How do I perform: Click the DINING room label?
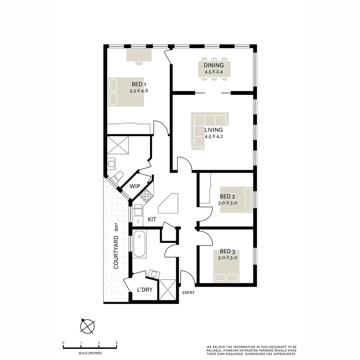pos(214,65)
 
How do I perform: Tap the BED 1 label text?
pos(139,84)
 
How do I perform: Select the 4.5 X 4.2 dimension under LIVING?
pos(214,136)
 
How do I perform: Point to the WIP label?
pos(135,186)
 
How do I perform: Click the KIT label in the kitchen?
pos(152,219)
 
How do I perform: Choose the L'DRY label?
pos(145,290)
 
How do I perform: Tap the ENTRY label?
pos(188,293)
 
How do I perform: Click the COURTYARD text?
pos(116,252)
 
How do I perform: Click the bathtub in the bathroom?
pos(139,244)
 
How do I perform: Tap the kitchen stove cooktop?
pos(146,195)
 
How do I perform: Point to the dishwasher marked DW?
pos(138,221)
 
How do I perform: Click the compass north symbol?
pos(87,326)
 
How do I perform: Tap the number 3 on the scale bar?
pos(116,343)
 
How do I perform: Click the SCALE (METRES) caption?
pos(90,353)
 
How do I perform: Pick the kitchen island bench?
pos(169,204)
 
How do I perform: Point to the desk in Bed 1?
pos(139,55)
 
